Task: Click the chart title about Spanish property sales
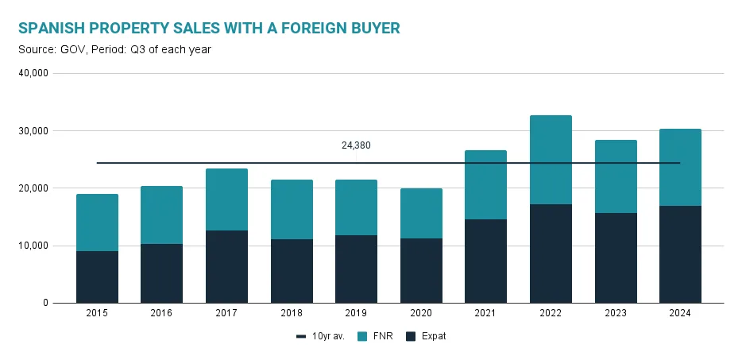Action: (x=208, y=29)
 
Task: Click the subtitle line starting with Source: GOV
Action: (x=114, y=50)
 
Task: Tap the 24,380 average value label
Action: (x=356, y=145)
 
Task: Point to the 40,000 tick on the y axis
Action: (x=34, y=73)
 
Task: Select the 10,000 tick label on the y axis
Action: (x=34, y=246)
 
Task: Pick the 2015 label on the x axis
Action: (x=97, y=313)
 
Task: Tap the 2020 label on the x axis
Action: (x=421, y=313)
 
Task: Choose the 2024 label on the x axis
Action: (x=680, y=313)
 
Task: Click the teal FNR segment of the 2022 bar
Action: (x=551, y=159)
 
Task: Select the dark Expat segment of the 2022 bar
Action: (x=551, y=254)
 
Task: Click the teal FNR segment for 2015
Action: (x=97, y=223)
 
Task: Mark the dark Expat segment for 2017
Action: (x=226, y=266)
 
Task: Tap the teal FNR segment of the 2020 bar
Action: (x=421, y=213)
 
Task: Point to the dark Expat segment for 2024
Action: (x=680, y=254)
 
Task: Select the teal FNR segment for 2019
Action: (x=356, y=207)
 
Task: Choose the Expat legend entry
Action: (x=427, y=336)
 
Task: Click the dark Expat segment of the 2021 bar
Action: (x=485, y=261)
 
